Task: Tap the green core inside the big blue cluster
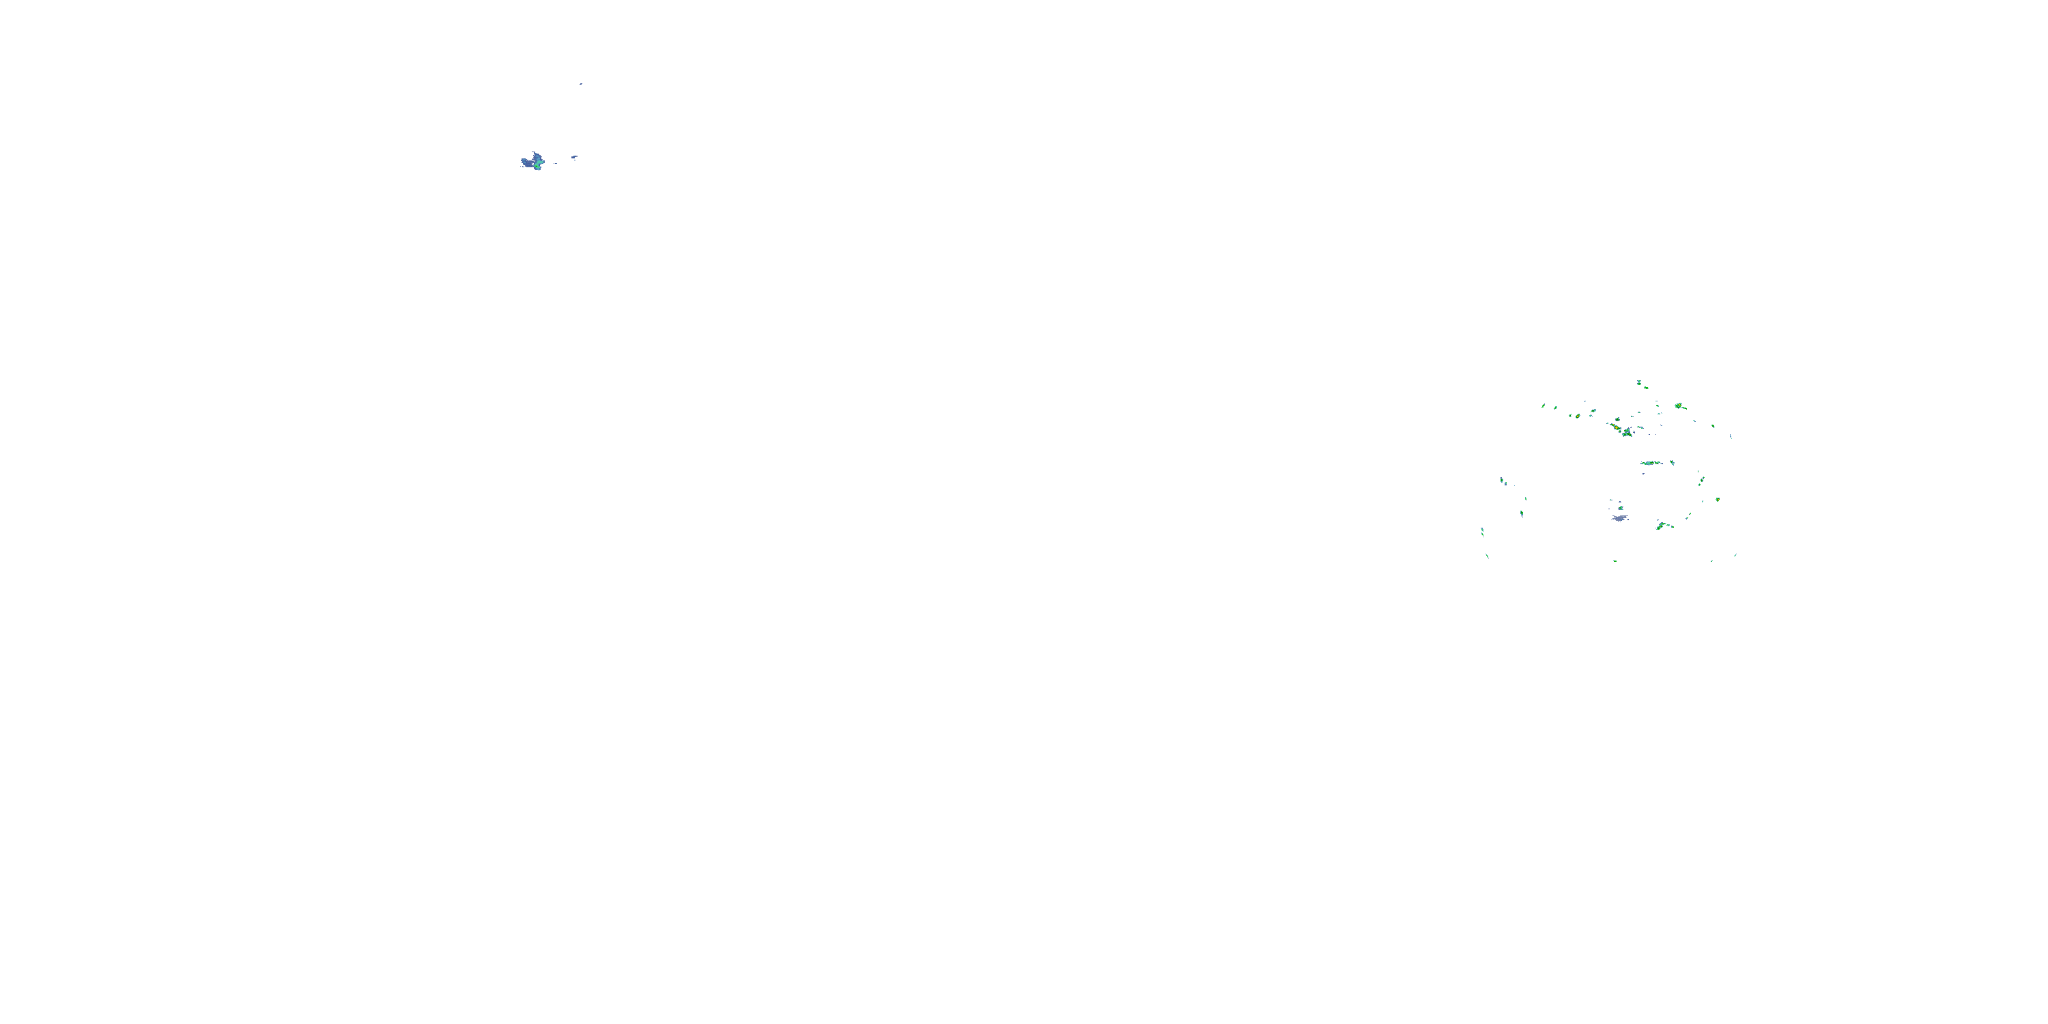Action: click(538, 165)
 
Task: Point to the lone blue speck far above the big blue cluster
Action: click(580, 83)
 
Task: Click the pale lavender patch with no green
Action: click(1619, 517)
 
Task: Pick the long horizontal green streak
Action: click(1651, 463)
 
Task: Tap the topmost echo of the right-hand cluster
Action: click(1638, 382)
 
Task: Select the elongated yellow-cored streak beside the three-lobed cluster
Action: click(1615, 427)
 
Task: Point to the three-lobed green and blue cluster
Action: click(1627, 433)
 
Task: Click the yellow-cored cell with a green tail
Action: click(1679, 406)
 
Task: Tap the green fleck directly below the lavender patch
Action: click(1615, 560)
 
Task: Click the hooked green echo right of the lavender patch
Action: click(1661, 526)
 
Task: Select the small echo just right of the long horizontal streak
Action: click(1672, 462)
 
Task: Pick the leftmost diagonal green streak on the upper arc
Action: click(1543, 406)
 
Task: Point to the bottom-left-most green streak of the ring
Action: click(1487, 556)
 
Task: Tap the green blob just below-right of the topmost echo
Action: click(1646, 388)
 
